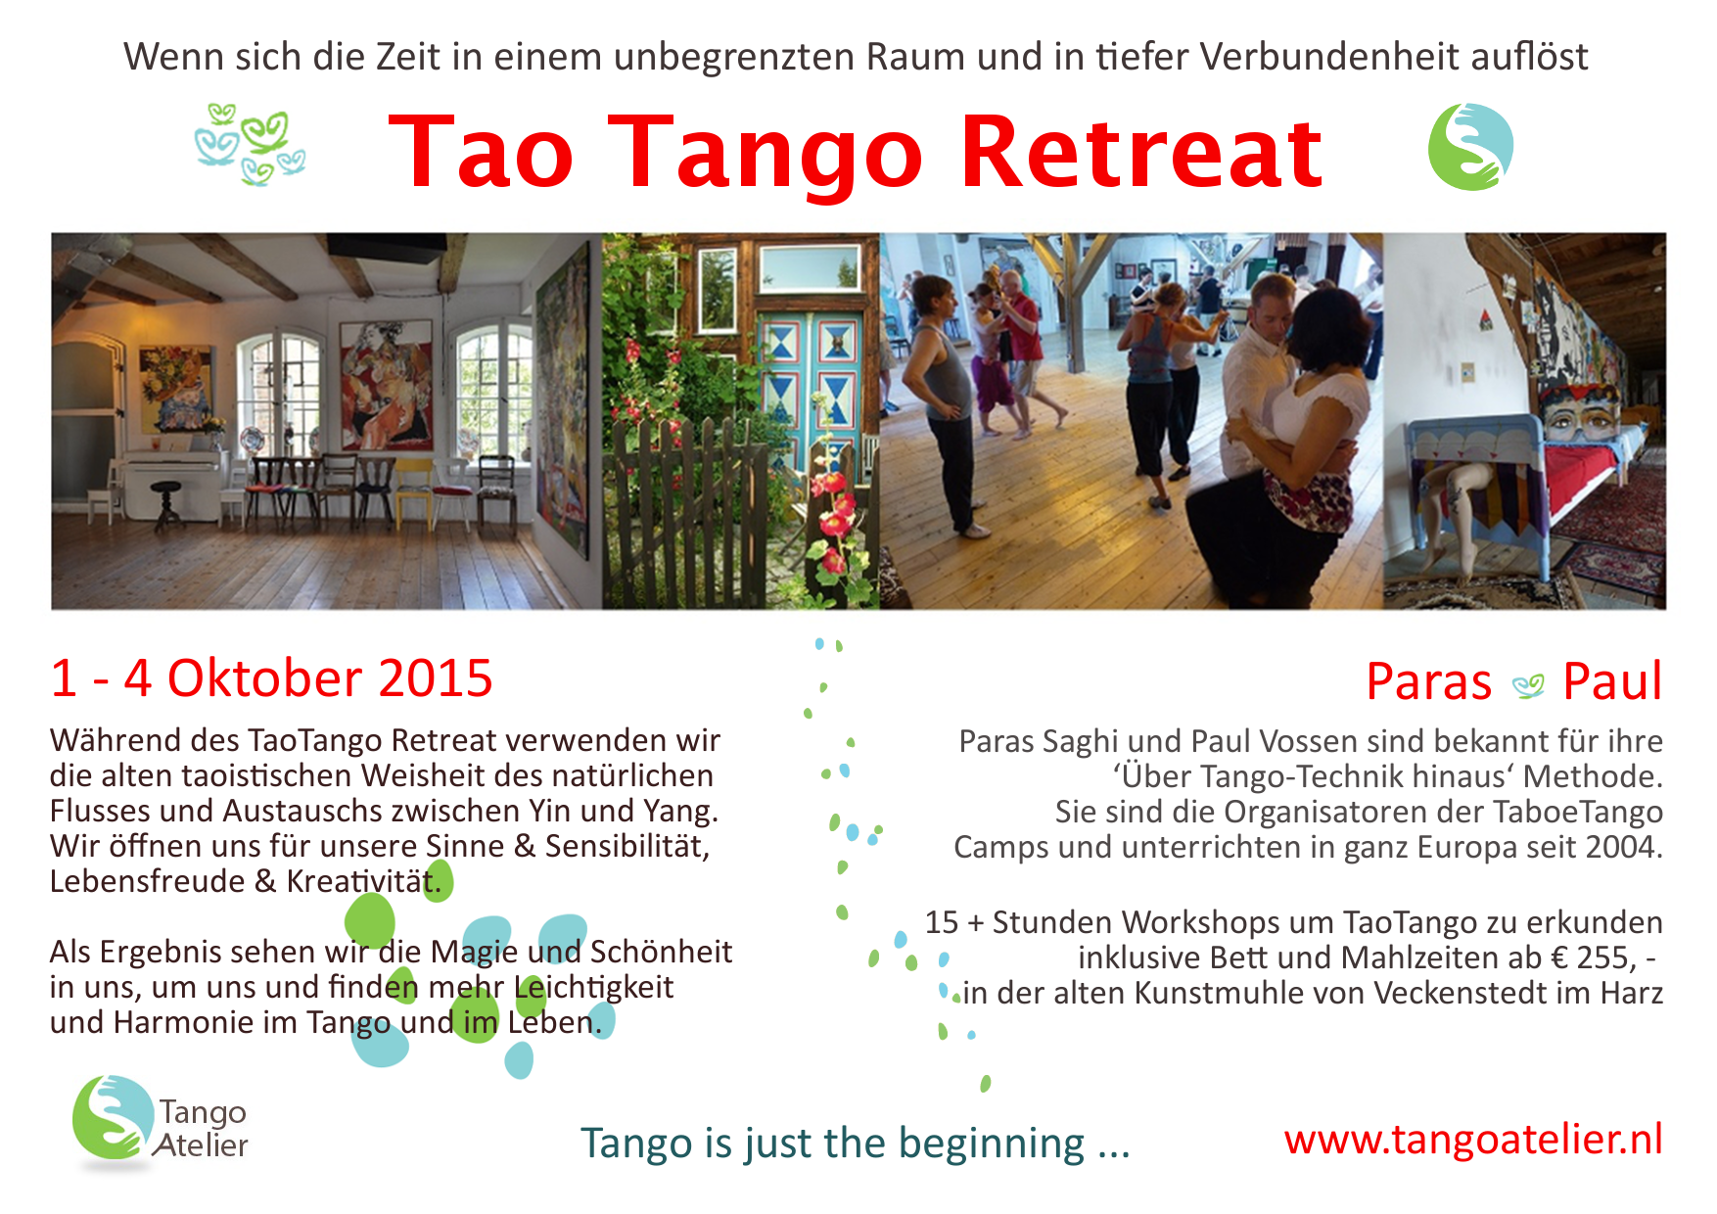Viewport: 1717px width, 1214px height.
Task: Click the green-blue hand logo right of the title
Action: (x=1470, y=147)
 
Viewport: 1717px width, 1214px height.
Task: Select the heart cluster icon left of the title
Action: (x=251, y=145)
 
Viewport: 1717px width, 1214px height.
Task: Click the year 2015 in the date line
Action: (x=436, y=678)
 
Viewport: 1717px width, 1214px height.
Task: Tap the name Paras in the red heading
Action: (x=1428, y=681)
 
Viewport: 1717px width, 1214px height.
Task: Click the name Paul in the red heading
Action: (x=1612, y=681)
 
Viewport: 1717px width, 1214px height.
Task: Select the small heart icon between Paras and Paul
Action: (x=1528, y=686)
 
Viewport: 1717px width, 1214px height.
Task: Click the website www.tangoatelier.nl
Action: (x=1473, y=1139)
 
